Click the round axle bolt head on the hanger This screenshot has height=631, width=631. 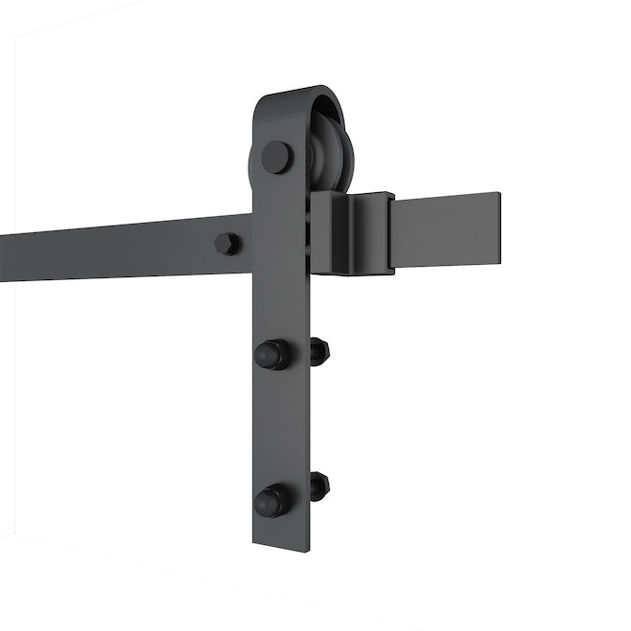277,156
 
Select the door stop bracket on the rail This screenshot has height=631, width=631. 349,232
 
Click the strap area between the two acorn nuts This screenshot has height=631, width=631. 281,425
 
